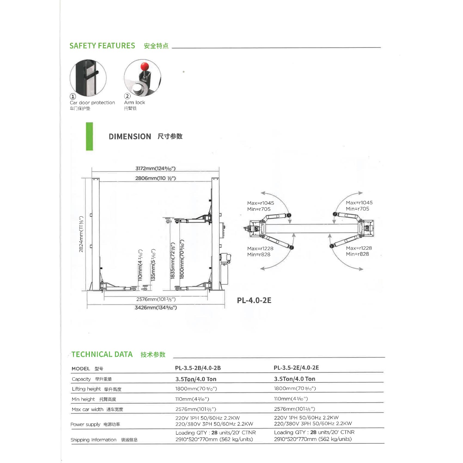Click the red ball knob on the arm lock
pos(144,66)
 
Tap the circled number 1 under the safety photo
pos(73,96)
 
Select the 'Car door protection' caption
pos(92,103)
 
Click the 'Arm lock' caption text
pos(135,102)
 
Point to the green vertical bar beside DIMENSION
pos(89,136)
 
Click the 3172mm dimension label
pos(155,169)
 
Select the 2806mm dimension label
pos(156,178)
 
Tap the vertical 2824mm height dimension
pos(81,234)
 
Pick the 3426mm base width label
pos(156,308)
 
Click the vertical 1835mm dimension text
pos(172,261)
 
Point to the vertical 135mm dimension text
pos(153,265)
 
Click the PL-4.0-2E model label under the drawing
pos(254,300)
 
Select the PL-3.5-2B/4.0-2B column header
pos(198,368)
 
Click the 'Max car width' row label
pos(87,409)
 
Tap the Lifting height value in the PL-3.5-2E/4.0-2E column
pos(295,388)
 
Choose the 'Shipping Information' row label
pos(93,440)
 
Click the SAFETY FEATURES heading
pos(102,46)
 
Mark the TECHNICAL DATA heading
pos(102,354)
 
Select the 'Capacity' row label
pos(81,379)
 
